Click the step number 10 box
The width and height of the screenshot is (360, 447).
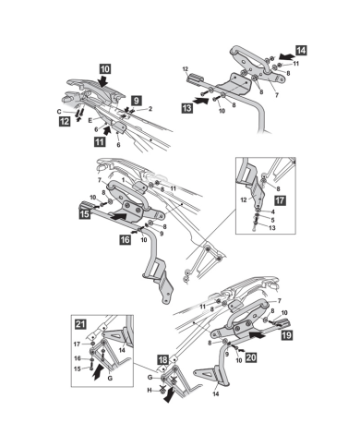105,68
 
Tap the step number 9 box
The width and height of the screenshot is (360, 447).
137,101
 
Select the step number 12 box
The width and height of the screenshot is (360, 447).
65,122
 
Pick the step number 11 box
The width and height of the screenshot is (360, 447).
100,142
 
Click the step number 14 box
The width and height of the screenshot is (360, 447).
301,50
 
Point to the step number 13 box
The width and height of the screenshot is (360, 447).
187,108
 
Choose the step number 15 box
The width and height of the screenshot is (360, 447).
85,213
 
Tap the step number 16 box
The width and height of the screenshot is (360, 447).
125,239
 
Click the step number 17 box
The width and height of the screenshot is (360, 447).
280,200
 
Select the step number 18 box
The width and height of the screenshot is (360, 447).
163,359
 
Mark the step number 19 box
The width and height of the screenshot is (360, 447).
286,334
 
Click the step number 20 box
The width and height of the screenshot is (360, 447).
251,357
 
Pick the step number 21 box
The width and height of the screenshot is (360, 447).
80,324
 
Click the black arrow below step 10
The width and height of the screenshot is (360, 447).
103,80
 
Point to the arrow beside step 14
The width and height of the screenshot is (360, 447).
286,56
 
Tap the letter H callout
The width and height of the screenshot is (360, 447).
150,391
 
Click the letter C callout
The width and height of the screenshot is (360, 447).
59,112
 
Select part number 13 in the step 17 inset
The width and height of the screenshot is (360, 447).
272,228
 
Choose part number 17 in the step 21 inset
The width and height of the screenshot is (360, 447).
77,344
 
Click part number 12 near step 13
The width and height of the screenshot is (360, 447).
186,69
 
